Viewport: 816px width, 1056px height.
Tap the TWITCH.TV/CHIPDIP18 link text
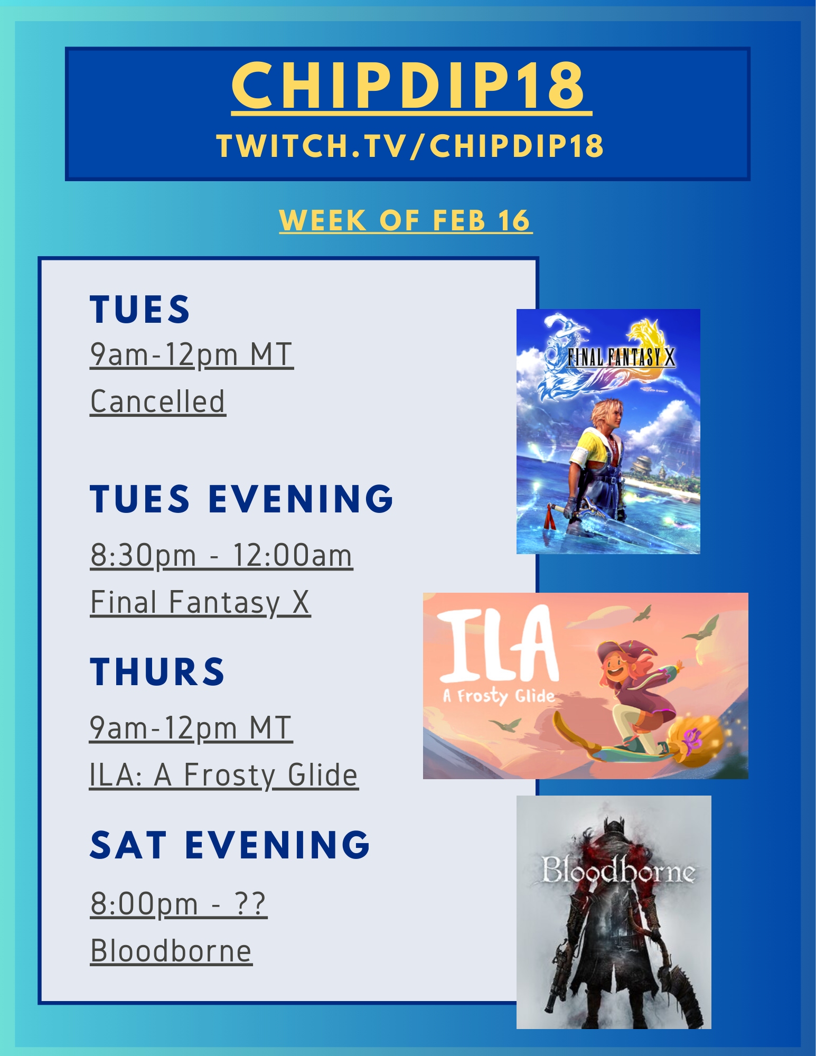[410, 146]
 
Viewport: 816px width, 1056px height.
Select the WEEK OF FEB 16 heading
[405, 220]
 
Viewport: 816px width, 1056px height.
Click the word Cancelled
[158, 401]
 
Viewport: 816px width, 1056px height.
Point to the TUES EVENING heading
[242, 499]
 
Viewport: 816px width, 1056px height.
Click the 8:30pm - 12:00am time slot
[221, 556]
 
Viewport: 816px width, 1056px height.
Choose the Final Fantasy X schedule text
[200, 603]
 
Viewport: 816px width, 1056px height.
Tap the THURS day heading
[157, 672]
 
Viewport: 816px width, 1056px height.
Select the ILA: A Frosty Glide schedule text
[224, 775]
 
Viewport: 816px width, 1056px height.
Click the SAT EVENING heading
[230, 845]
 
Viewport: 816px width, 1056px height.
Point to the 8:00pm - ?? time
[179, 904]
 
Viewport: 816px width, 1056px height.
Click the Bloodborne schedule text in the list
[171, 951]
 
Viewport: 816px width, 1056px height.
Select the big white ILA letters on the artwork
[498, 645]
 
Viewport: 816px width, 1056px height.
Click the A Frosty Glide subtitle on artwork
[499, 696]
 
